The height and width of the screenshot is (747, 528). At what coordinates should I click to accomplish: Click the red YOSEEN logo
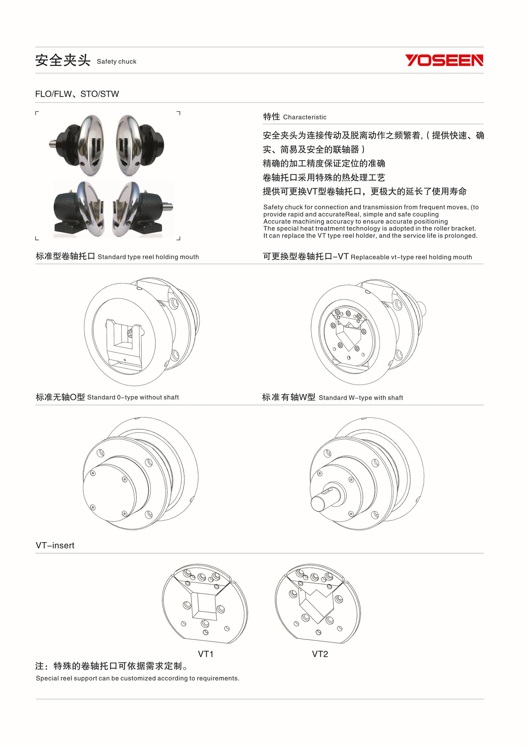tap(444, 60)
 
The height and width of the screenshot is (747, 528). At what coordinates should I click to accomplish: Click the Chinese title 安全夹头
tap(63, 61)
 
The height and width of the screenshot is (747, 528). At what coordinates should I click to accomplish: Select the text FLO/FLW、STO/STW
tap(77, 94)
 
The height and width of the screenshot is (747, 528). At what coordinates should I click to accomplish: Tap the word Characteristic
tap(304, 117)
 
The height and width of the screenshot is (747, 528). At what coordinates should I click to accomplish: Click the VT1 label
tap(206, 654)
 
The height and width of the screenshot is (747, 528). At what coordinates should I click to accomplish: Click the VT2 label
tap(320, 654)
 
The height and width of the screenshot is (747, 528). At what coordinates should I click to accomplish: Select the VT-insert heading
tap(55, 545)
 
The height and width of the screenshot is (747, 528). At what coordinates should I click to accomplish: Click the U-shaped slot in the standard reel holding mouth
tap(123, 336)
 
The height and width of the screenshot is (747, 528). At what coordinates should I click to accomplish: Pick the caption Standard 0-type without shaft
tap(133, 397)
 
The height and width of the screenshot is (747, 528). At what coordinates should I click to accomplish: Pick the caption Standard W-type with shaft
tap(361, 398)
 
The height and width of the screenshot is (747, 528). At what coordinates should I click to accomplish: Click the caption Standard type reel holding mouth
tap(148, 257)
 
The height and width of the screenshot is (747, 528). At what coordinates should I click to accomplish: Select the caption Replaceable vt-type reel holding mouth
tap(411, 257)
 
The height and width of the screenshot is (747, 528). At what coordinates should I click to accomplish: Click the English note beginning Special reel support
tap(138, 678)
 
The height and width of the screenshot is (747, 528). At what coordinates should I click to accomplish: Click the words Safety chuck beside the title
tap(116, 62)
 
